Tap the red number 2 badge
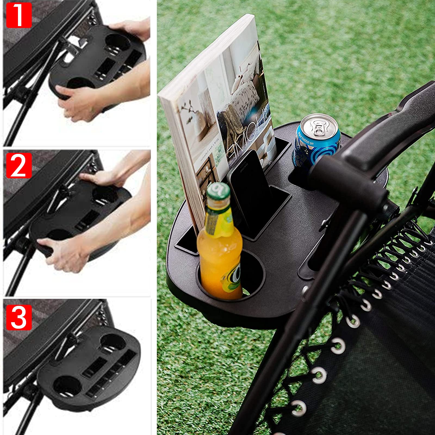click(x=18, y=165)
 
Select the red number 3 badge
click(x=18, y=317)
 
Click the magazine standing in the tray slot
click(x=217, y=109)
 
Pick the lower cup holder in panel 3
click(x=65, y=386)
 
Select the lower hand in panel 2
click(x=65, y=253)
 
